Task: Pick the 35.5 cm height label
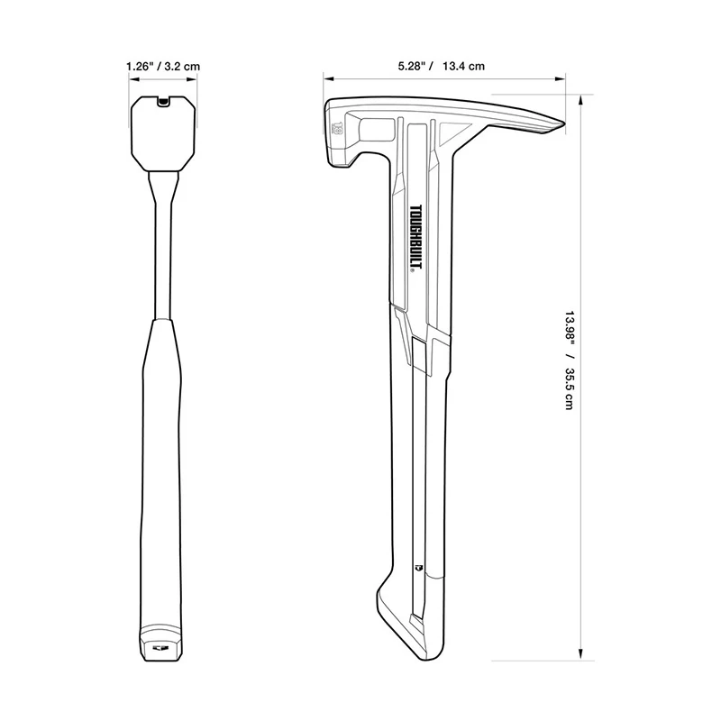coord(570,388)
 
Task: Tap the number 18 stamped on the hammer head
coord(337,129)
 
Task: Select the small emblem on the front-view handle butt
coord(162,645)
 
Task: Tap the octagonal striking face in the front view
coord(162,135)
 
